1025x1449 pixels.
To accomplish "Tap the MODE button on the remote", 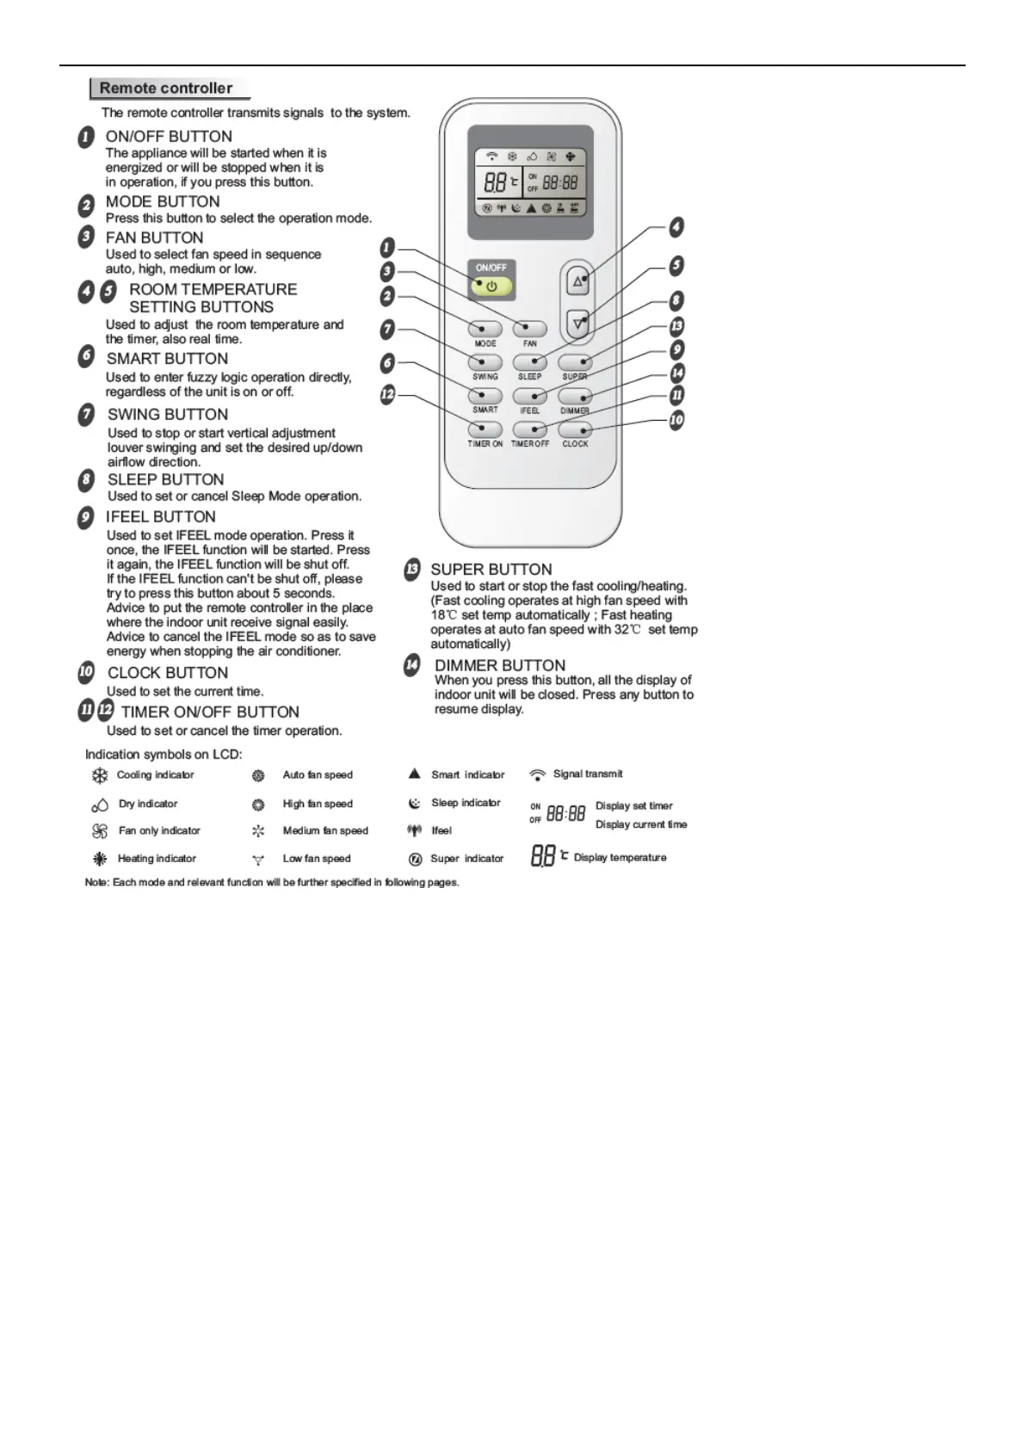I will coord(485,329).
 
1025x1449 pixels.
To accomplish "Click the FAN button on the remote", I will coord(530,329).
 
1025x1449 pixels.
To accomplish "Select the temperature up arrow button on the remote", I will coord(578,281).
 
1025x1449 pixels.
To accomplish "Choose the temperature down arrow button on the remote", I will coord(578,324).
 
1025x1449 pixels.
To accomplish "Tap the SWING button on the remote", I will coord(485,362).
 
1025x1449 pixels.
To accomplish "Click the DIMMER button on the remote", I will coord(575,396).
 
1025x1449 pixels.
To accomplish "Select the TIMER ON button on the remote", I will coord(485,429).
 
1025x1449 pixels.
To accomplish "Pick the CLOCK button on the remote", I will coord(575,429).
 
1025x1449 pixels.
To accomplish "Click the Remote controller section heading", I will coord(166,88).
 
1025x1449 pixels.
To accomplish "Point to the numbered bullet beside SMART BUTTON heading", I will coord(86,357).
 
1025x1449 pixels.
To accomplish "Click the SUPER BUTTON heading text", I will coord(491,569).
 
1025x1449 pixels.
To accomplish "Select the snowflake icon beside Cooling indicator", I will coord(100,775).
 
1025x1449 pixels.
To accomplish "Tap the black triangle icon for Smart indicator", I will coord(414,774).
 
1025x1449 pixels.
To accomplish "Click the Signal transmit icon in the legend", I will coord(538,774).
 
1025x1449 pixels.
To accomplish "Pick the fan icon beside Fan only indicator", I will coord(100,831).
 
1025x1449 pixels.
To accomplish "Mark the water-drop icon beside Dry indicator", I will coord(100,805).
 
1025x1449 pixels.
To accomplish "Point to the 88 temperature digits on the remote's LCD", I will coord(495,182).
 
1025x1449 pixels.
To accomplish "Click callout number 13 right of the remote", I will coord(676,326).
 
